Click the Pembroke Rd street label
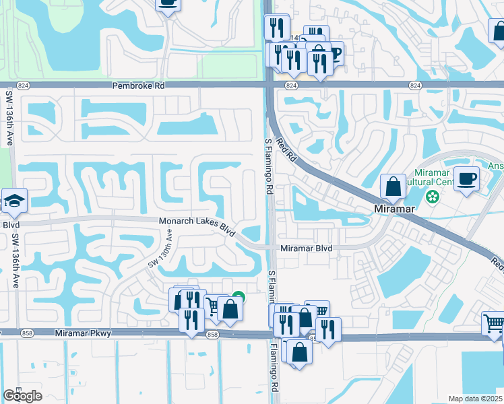point(140,86)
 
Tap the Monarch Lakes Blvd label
point(196,224)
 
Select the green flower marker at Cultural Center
point(432,198)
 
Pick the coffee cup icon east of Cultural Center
point(466,178)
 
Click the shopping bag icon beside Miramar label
point(393,186)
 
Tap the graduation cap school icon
point(13,200)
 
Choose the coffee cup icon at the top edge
point(168,4)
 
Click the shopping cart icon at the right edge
point(494,325)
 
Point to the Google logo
point(22,396)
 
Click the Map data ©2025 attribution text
point(475,399)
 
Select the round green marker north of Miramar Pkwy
point(238,296)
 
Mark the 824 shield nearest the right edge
point(414,86)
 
